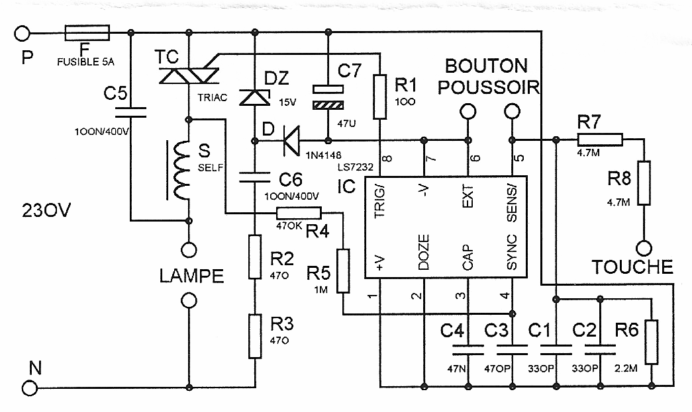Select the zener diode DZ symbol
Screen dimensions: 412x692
255,98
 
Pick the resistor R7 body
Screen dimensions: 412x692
599,140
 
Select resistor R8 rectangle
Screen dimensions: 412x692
642,184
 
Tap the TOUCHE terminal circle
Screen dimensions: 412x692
642,249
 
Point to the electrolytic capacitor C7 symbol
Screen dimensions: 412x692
329,96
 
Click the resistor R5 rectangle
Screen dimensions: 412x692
342,270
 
